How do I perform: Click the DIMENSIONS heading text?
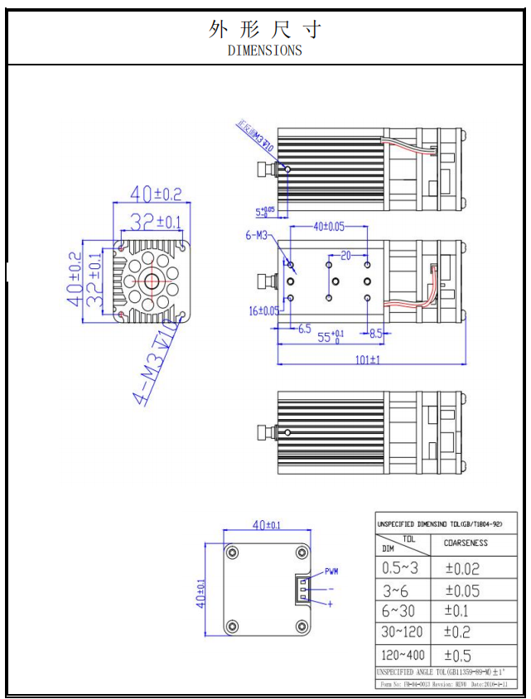coord(265,50)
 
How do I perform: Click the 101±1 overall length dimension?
coord(368,359)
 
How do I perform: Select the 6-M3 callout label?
coord(256,236)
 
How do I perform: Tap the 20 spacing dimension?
coord(346,254)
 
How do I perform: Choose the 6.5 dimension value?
coord(304,328)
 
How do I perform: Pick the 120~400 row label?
coord(403,653)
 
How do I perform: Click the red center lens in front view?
coord(152,282)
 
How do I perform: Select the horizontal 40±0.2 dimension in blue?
coord(155,195)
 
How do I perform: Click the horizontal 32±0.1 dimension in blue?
coord(155,222)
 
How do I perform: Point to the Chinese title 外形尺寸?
coord(265,29)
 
